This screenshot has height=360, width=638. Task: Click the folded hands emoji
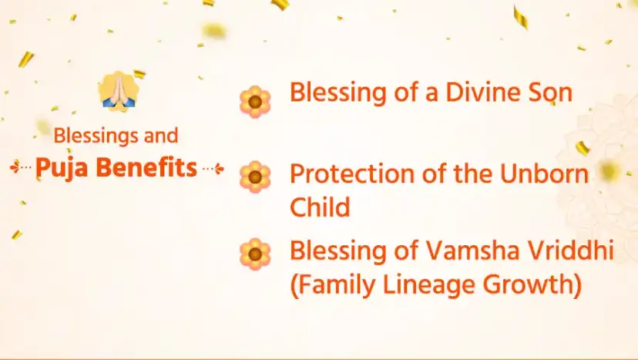(118, 91)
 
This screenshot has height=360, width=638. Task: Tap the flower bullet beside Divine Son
(255, 102)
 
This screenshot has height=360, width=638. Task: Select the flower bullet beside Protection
(255, 177)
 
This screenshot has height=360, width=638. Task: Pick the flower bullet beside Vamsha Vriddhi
(255, 254)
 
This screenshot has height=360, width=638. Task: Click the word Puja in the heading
(62, 168)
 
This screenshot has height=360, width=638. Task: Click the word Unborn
(544, 173)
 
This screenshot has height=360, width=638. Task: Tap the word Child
(320, 206)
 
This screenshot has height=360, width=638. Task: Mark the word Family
(337, 285)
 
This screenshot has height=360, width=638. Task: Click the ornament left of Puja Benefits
(21, 167)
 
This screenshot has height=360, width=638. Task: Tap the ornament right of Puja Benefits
(213, 168)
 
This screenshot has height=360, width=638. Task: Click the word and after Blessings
(161, 136)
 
